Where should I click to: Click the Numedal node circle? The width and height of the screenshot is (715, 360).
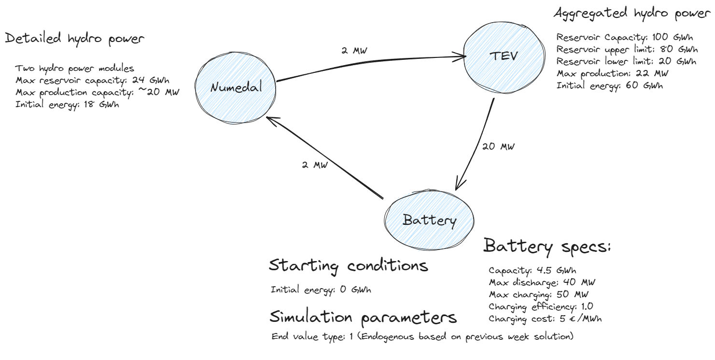click(x=236, y=88)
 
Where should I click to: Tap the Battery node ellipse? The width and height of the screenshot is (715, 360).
click(x=429, y=221)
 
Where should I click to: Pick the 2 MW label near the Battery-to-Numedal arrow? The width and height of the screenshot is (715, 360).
click(x=314, y=165)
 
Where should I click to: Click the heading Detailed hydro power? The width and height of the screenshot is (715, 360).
click(x=74, y=39)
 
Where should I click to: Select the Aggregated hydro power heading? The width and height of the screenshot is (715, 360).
click(x=633, y=14)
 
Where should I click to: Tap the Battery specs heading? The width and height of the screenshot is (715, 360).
click(x=547, y=247)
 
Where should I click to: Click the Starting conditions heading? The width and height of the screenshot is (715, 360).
click(x=348, y=265)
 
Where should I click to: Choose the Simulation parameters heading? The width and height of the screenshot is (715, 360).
click(x=363, y=317)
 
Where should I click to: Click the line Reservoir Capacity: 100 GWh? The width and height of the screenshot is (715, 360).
click(x=626, y=38)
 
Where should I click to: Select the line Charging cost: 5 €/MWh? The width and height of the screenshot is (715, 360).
click(x=545, y=318)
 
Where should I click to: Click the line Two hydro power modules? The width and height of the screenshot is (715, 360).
click(x=75, y=68)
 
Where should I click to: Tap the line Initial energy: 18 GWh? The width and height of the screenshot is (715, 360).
click(x=67, y=104)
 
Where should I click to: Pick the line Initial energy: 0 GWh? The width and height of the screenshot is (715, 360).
click(x=321, y=290)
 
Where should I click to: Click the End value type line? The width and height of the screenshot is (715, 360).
click(x=422, y=336)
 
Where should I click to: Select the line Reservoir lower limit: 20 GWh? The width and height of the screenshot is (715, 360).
click(x=626, y=62)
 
